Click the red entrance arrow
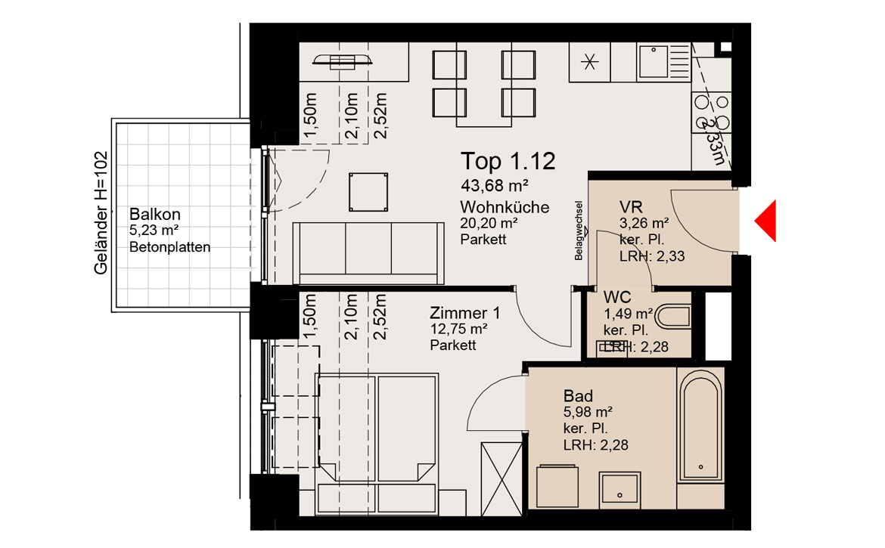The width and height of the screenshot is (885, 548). click(766, 221)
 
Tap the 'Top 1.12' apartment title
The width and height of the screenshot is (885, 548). click(508, 161)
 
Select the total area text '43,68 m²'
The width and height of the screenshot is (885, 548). click(495, 185)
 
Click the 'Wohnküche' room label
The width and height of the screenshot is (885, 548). click(505, 207)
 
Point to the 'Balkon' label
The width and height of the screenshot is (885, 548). click(154, 214)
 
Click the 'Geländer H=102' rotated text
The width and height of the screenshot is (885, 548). click(101, 213)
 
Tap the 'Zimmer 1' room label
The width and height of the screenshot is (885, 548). click(464, 313)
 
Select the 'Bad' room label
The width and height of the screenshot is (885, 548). click(578, 396)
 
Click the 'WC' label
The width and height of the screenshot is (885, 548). click(617, 297)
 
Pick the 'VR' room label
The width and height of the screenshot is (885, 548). click(630, 207)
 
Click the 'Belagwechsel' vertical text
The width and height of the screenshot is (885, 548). click(579, 231)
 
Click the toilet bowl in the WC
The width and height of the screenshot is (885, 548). click(675, 316)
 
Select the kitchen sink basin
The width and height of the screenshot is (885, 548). click(654, 61)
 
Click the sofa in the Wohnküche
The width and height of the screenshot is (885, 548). click(368, 253)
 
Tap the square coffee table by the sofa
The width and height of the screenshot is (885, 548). click(368, 192)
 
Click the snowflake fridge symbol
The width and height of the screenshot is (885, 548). click(590, 61)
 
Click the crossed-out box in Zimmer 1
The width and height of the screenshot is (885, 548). click(501, 478)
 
